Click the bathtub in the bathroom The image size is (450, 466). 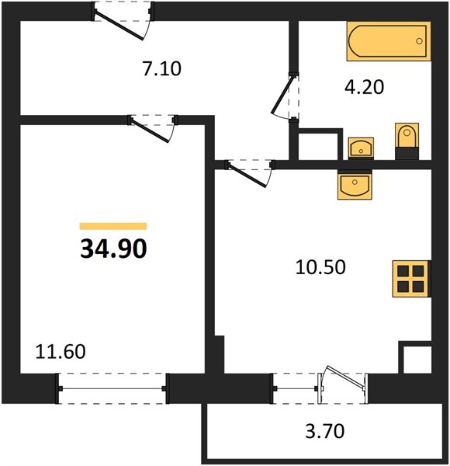click(x=389, y=41)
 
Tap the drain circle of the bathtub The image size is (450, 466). click(x=419, y=41)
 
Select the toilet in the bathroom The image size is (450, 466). click(x=407, y=141)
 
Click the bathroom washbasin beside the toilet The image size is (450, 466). click(x=361, y=148)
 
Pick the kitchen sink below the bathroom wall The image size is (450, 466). click(x=355, y=185)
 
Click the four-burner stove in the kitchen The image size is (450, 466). click(x=411, y=279)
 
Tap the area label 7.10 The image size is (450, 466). click(x=162, y=68)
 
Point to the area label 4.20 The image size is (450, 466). click(x=364, y=87)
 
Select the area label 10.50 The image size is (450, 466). click(x=320, y=267)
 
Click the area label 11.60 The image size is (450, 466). click(x=61, y=351)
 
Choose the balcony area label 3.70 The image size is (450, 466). click(x=325, y=431)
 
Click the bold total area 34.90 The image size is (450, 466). click(x=113, y=249)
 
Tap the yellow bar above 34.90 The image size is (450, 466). click(x=113, y=226)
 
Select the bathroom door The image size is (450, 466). click(x=286, y=96)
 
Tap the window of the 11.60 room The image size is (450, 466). click(x=112, y=388)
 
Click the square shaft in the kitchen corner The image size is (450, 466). click(x=414, y=357)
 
